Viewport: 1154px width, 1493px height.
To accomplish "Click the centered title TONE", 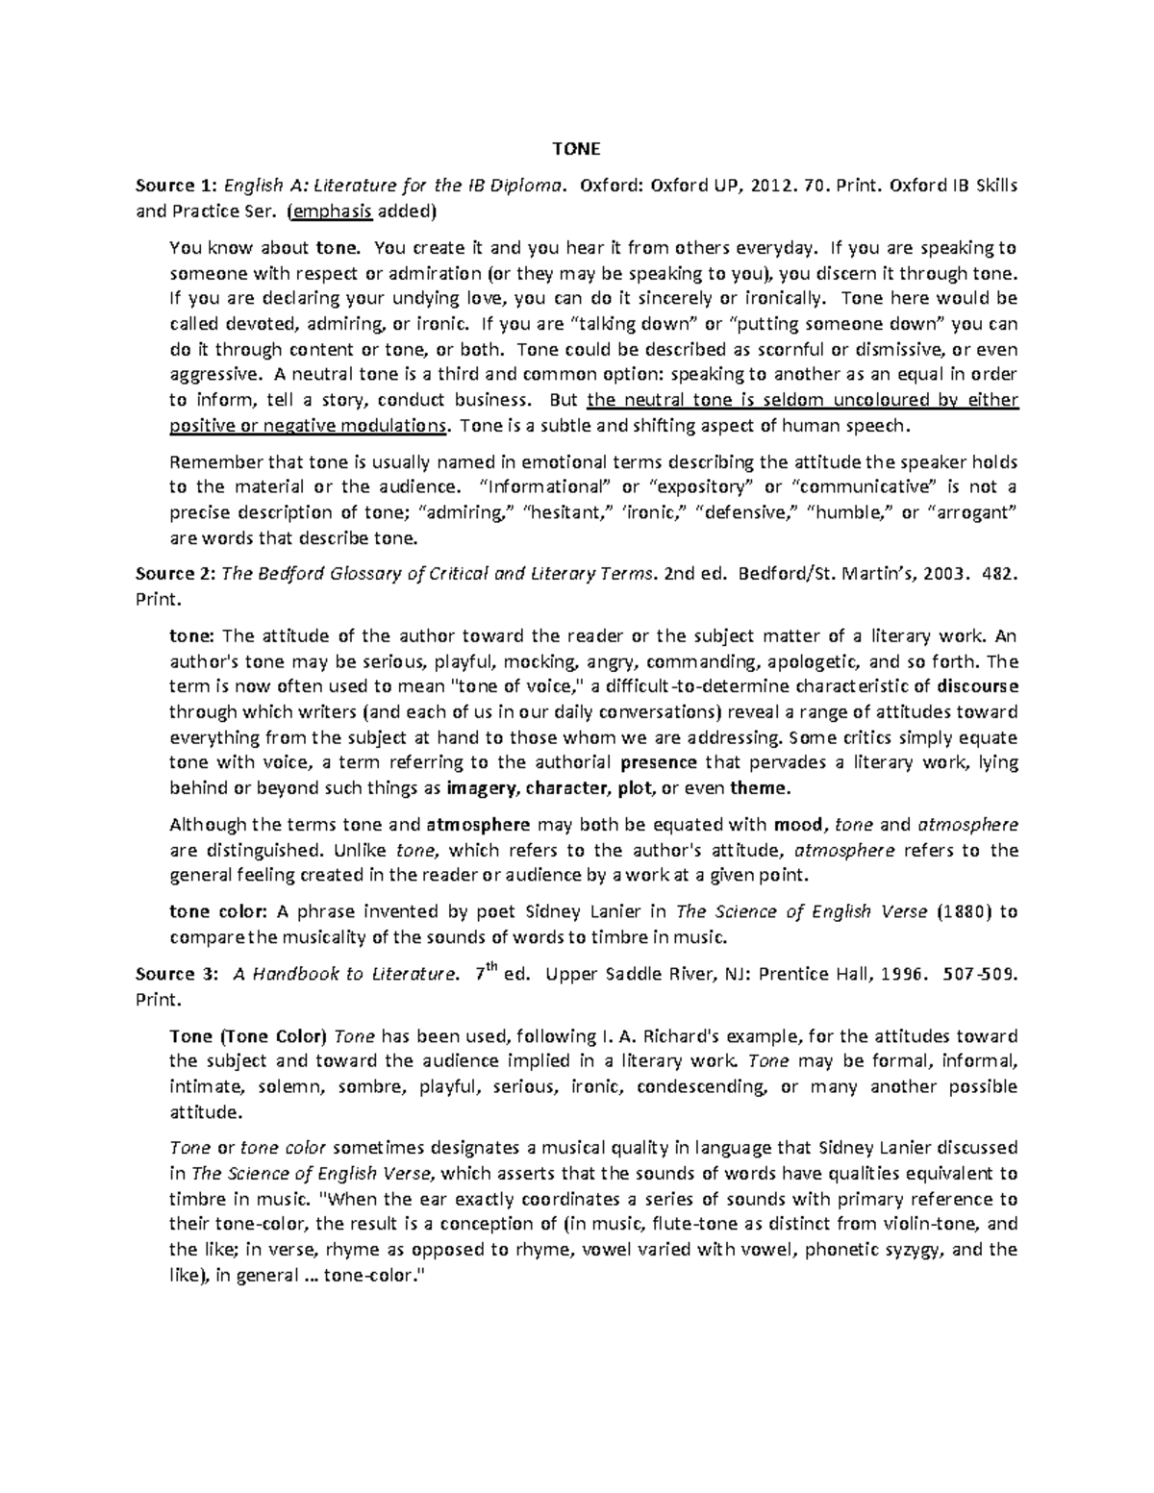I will click(576, 149).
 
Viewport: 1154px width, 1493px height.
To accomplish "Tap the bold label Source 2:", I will click(174, 574).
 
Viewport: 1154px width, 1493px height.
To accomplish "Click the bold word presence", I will click(659, 763).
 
